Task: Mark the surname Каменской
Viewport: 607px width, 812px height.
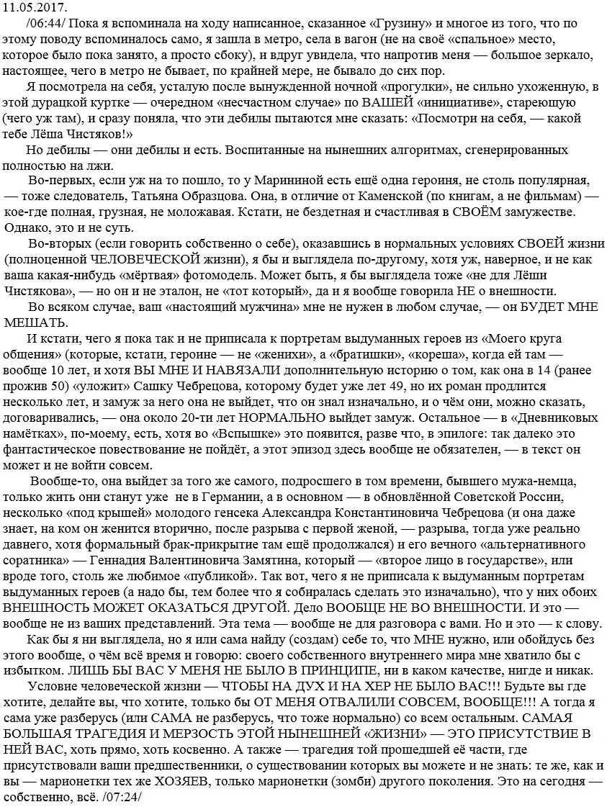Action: pos(364,197)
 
